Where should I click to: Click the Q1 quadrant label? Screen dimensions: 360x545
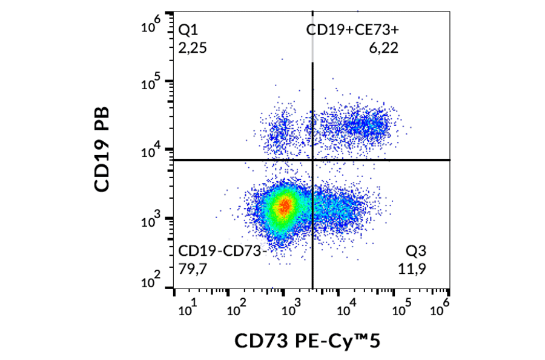pos(188,30)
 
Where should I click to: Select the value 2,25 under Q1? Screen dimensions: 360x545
pos(193,48)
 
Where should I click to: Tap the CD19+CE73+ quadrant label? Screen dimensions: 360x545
pos(352,30)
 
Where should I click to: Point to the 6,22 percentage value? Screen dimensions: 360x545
pos(383,48)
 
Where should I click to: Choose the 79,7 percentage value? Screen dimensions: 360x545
pos(193,268)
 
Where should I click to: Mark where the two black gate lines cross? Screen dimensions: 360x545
pos(312,160)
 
